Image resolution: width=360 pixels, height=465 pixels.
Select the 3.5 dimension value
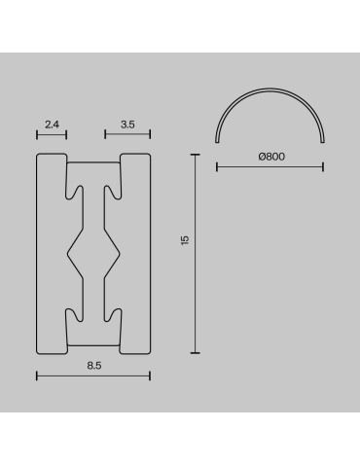pyautogui.click(x=126, y=125)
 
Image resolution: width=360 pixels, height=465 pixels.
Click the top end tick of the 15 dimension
pyautogui.click(x=198, y=153)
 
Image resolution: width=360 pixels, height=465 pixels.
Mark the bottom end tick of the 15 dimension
pyautogui.click(x=198, y=353)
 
